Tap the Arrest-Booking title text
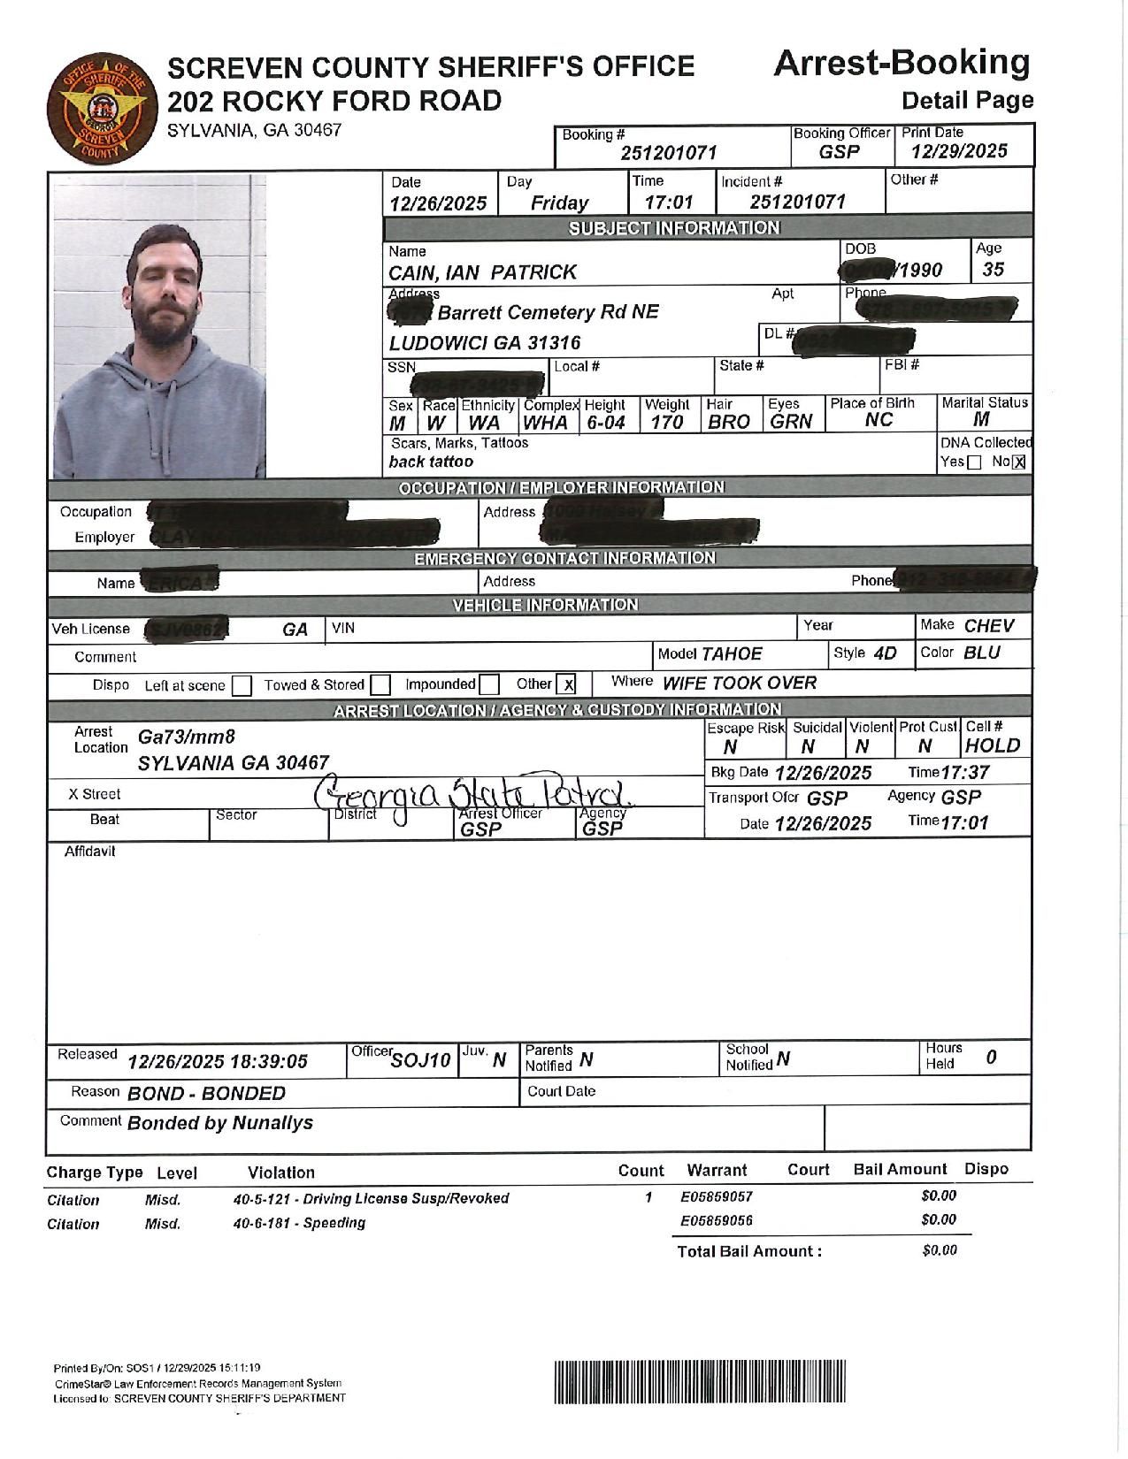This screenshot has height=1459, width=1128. [902, 63]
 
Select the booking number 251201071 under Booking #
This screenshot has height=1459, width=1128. [668, 153]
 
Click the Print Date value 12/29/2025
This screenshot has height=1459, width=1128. [959, 151]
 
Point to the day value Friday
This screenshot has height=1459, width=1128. [559, 202]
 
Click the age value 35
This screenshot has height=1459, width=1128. [994, 270]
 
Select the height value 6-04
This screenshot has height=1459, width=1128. [606, 423]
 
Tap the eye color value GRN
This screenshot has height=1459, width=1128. [790, 422]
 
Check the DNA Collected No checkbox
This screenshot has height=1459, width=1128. [1018, 462]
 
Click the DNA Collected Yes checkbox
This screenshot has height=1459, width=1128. [974, 462]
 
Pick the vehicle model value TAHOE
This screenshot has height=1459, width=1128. [732, 654]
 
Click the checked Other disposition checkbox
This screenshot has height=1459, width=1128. [566, 684]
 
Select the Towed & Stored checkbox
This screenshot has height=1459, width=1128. [380, 684]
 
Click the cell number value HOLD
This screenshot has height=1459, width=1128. [993, 746]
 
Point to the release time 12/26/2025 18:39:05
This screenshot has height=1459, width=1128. [218, 1061]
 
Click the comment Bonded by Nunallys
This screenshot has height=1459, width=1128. [220, 1123]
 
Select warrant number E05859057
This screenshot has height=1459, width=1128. [717, 1196]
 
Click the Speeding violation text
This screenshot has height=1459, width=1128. [299, 1223]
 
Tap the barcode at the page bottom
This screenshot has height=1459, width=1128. [700, 1382]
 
